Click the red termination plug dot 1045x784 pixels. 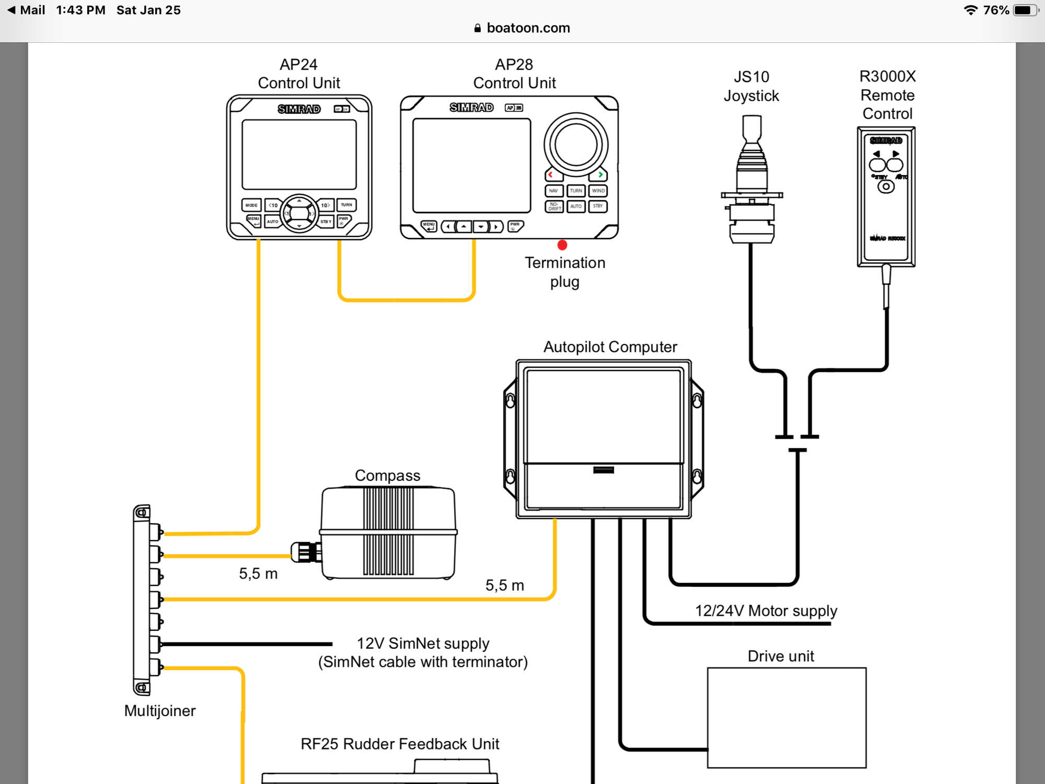click(562, 245)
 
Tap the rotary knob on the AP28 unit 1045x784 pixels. click(576, 145)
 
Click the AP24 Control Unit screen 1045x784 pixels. click(299, 155)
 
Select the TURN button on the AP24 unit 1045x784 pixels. click(346, 205)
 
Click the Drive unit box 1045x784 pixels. click(786, 717)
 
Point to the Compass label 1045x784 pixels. click(387, 475)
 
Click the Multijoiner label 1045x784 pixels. click(160, 710)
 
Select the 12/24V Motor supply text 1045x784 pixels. click(765, 610)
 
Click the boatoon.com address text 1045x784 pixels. click(528, 28)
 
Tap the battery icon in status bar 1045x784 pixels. click(1024, 10)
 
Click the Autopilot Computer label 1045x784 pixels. click(610, 347)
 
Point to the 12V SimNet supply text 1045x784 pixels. click(423, 643)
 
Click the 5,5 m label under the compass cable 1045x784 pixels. click(258, 573)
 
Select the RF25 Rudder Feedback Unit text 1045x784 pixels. click(400, 743)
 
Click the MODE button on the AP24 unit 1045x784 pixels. click(251, 205)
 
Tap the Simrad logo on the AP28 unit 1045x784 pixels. click(471, 107)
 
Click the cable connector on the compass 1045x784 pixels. click(306, 552)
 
